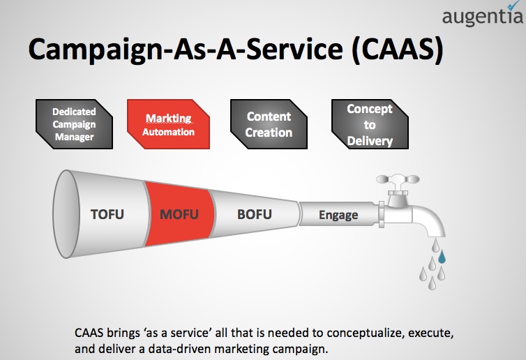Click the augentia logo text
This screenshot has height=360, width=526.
click(x=482, y=17)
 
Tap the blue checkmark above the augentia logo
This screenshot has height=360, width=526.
click(x=514, y=5)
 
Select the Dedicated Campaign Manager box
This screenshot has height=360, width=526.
click(x=74, y=124)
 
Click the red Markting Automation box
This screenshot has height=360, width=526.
click(x=168, y=124)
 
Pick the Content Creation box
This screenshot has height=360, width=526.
click(x=269, y=124)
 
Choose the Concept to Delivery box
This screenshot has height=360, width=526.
click(x=370, y=124)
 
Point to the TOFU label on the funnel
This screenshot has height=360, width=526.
click(x=107, y=214)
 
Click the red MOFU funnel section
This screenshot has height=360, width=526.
click(x=180, y=214)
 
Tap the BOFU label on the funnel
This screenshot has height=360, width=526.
click(x=254, y=214)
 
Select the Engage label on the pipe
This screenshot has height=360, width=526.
click(x=338, y=215)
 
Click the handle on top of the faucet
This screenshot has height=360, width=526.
click(x=398, y=179)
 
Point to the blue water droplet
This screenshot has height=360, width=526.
click(x=442, y=257)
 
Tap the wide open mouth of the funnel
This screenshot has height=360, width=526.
click(x=66, y=214)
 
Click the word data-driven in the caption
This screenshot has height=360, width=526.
click(x=179, y=349)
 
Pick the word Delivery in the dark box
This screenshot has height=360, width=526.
click(x=370, y=141)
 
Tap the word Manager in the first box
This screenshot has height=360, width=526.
click(x=74, y=137)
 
